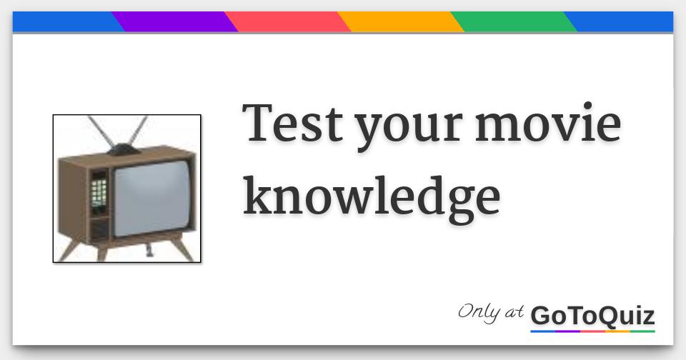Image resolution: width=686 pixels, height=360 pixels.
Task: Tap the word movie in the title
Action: [x=548, y=123]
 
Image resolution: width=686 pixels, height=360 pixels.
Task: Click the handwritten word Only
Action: [x=479, y=312]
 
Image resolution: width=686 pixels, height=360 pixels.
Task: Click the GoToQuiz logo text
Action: [x=592, y=315]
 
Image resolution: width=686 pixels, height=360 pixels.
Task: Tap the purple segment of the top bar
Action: [x=174, y=21]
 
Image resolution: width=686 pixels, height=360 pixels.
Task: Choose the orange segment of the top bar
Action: [x=400, y=21]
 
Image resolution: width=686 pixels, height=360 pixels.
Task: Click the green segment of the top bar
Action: [x=513, y=21]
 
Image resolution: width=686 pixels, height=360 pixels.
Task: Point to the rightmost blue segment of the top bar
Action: [x=622, y=21]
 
